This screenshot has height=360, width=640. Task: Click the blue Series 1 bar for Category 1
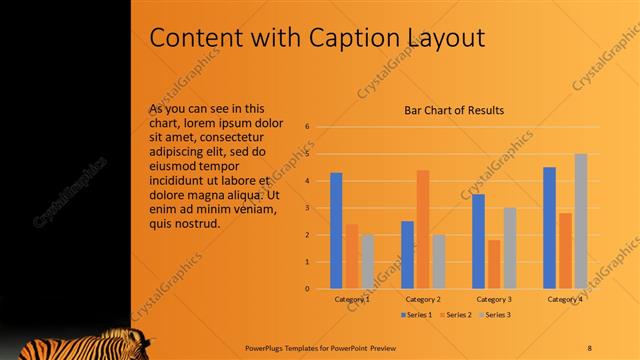pyautogui.click(x=336, y=230)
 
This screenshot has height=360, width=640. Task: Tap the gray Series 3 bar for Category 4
pyautogui.click(x=580, y=221)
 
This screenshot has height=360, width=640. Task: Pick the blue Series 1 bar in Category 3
pyautogui.click(x=479, y=241)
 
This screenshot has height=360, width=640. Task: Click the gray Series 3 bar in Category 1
pyautogui.click(x=367, y=261)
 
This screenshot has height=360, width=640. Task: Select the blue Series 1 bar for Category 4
pyautogui.click(x=549, y=227)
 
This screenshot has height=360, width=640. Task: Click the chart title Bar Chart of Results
pyautogui.click(x=453, y=110)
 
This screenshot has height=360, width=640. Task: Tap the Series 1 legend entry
pyautogui.click(x=416, y=315)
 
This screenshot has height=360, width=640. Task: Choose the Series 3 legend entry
pyautogui.click(x=493, y=315)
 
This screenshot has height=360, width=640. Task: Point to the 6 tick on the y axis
pyautogui.click(x=309, y=127)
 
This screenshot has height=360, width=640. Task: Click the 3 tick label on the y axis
pyautogui.click(x=309, y=208)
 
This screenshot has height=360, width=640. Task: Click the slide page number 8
pyautogui.click(x=589, y=347)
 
